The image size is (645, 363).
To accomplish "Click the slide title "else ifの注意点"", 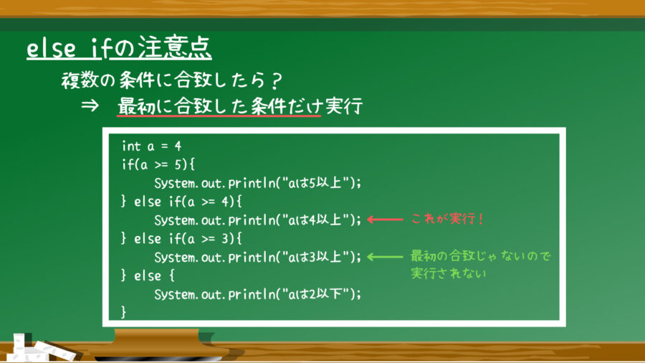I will [119, 49].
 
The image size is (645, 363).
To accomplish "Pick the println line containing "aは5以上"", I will [257, 184].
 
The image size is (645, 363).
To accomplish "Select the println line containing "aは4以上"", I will [257, 220].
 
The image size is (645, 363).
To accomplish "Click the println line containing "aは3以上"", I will [257, 257].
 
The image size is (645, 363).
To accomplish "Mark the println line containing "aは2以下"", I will [257, 293].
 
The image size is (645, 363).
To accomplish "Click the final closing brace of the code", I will [125, 311].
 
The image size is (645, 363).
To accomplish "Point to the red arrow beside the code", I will [384, 220].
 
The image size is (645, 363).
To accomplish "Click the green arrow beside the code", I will [384, 256].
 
